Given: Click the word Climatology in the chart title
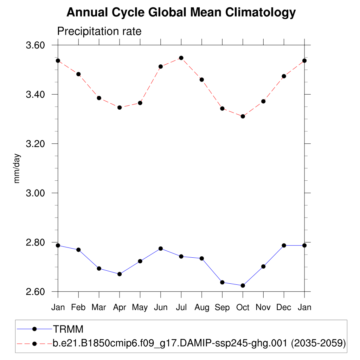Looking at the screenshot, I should coord(261,13).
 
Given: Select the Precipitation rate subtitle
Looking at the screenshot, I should coord(99,31).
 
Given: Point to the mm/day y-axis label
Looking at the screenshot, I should coord(17,168).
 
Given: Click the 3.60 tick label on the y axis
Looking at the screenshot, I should coord(35,45).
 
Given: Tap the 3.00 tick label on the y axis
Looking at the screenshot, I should coord(35,193).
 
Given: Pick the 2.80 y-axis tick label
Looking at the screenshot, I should coord(35,242).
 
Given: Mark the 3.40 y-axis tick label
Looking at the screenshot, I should coord(35,95).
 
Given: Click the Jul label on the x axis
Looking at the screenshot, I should coord(181,307).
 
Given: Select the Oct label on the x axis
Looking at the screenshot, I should coord(243,307).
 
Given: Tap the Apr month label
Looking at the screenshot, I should coord(120,307).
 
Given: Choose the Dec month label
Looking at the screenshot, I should coord(284,307).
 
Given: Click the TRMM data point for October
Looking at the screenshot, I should coord(243,285).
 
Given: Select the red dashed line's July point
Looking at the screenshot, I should coord(181,58).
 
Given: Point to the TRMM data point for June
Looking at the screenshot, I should coord(161,249).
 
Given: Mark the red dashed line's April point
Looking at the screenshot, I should coord(120,108).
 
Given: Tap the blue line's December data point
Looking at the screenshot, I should coord(284,245).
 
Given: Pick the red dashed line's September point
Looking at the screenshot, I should coord(222,108).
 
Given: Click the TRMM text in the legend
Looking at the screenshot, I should coord(68,329).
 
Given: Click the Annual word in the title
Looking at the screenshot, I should coord(88,13).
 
